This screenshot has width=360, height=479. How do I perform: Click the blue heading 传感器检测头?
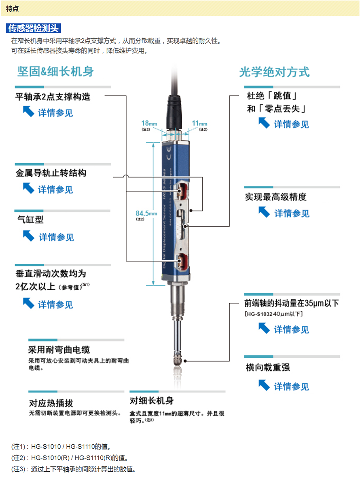(x=34, y=28)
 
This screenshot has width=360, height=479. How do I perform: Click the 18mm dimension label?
(x=149, y=123)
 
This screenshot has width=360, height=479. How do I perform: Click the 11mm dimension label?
(x=199, y=123)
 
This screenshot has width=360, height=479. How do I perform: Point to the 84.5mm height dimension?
(x=146, y=213)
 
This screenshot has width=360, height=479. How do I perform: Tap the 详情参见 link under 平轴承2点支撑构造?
(x=55, y=113)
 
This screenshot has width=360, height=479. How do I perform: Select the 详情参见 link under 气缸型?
(x=56, y=237)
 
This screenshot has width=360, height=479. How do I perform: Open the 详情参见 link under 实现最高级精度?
(x=292, y=213)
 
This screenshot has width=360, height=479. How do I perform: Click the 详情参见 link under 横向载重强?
(x=291, y=386)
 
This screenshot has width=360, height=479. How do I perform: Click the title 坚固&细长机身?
(x=55, y=72)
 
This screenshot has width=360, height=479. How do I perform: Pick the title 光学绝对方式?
(x=274, y=72)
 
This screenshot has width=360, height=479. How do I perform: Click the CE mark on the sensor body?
(x=169, y=153)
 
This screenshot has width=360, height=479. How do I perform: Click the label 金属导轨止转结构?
(x=51, y=173)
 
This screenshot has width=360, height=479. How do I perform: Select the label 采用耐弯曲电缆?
(x=59, y=350)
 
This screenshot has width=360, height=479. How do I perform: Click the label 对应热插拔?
(x=51, y=403)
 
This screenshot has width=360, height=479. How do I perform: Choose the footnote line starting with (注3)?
(x=73, y=469)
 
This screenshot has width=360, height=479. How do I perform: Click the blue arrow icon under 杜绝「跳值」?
(x=264, y=123)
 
